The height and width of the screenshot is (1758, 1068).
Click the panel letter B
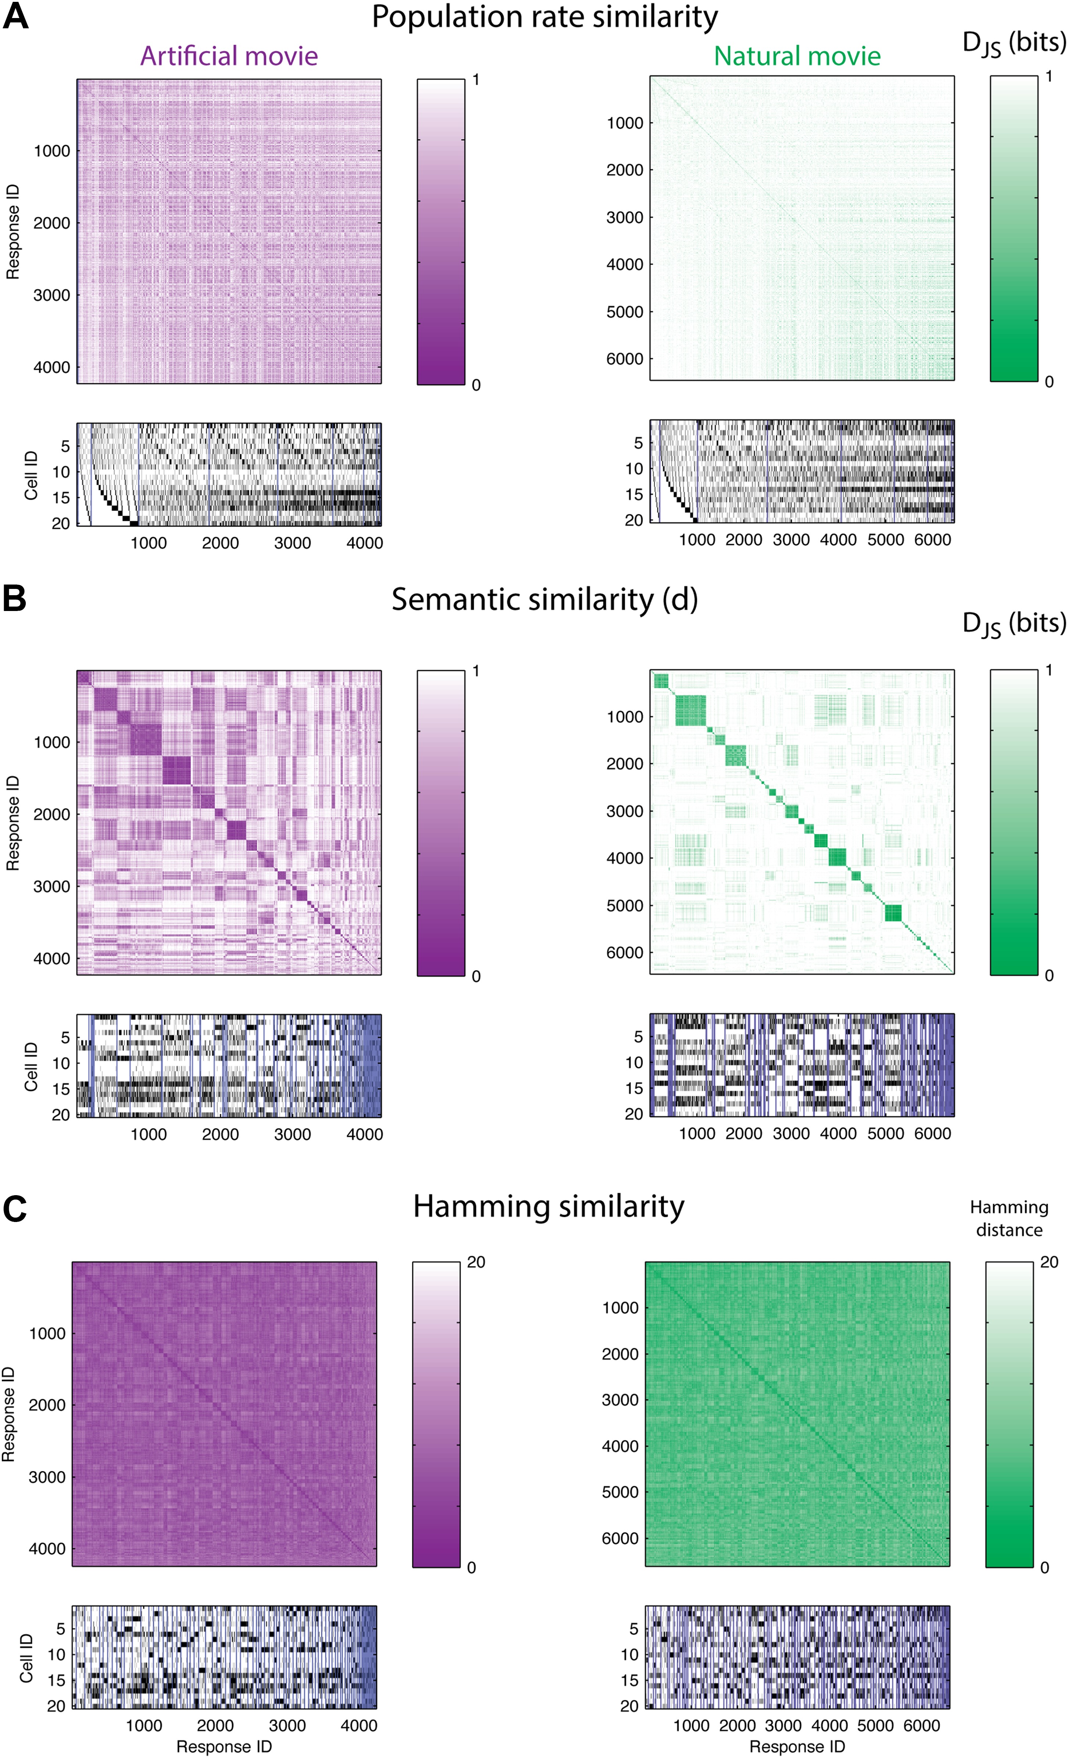pyautogui.click(x=14, y=598)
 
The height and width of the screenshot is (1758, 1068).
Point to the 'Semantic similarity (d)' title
pyautogui.click(x=544, y=599)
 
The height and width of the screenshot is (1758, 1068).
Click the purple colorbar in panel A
pyautogui.click(x=441, y=232)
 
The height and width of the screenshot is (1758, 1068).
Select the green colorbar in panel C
pyautogui.click(x=1009, y=1414)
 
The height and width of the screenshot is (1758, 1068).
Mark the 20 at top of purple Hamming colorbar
pyautogui.click(x=476, y=1262)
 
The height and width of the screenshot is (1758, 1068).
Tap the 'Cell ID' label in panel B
pyautogui.click(x=31, y=1066)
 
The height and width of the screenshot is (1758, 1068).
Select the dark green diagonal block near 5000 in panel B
pyautogui.click(x=892, y=912)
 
